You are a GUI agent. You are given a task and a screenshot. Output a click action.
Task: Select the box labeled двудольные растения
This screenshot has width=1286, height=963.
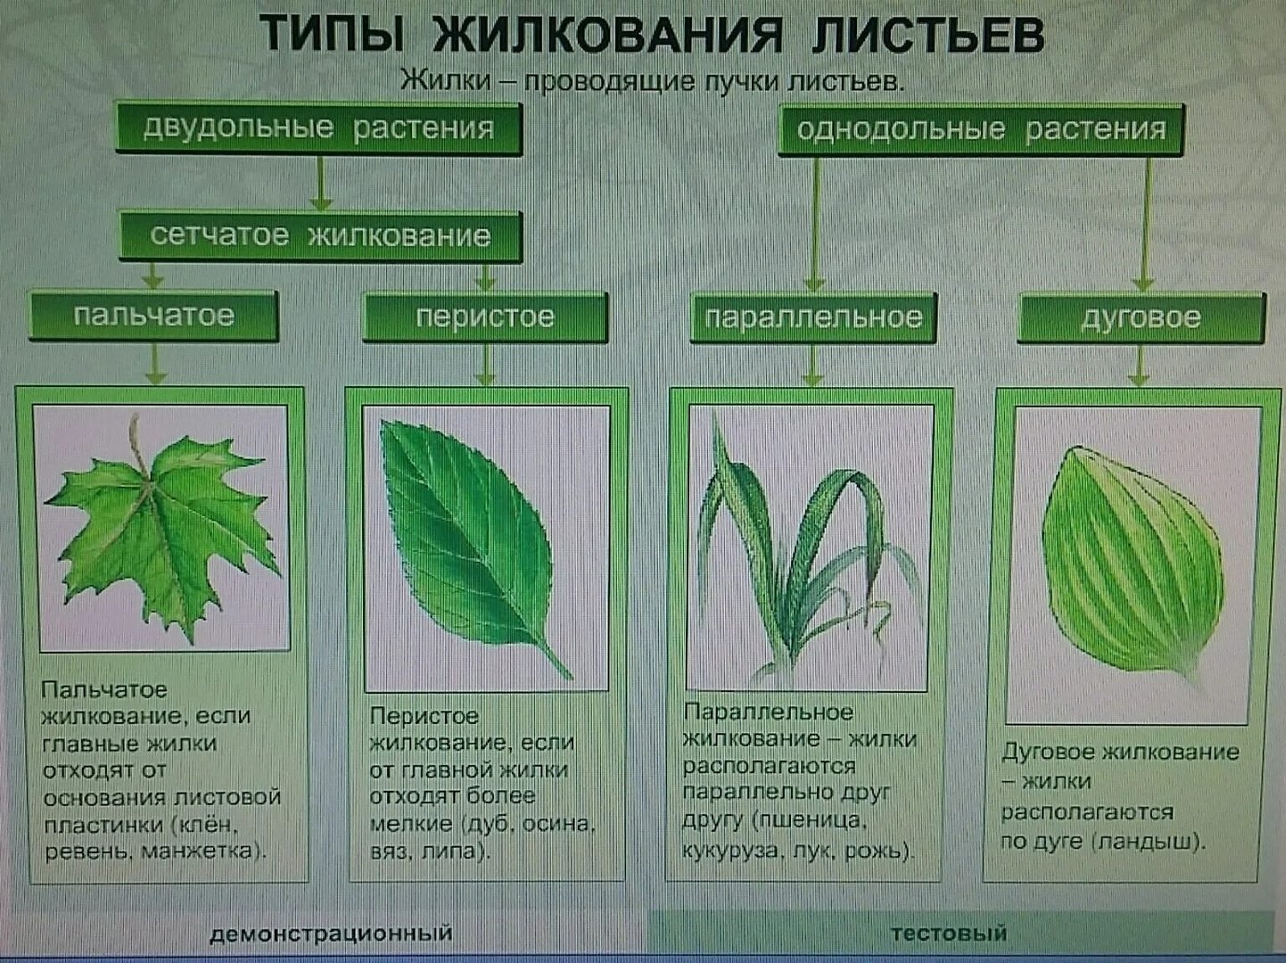tap(318, 128)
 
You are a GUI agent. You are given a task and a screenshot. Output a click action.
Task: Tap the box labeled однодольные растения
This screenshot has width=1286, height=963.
tap(981, 129)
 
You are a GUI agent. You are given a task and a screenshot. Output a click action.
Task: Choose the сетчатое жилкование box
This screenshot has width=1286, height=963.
tap(320, 236)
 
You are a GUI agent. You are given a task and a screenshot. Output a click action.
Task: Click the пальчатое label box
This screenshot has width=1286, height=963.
tap(153, 317)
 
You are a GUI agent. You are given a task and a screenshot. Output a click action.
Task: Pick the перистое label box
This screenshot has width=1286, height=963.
tap(485, 317)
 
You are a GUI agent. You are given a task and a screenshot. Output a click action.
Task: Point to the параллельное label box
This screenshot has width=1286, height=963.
tap(813, 317)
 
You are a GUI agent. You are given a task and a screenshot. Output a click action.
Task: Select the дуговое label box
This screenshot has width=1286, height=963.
tap(1142, 317)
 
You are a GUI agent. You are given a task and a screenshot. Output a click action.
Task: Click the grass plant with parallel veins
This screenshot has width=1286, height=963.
tap(809, 551)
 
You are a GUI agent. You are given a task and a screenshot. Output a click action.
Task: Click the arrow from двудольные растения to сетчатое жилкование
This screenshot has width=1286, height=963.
tap(320, 183)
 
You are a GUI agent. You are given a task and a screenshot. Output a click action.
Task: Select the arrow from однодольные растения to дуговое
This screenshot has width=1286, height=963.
tap(1144, 224)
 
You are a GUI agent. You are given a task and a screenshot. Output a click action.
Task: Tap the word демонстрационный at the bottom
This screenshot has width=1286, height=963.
tap(331, 933)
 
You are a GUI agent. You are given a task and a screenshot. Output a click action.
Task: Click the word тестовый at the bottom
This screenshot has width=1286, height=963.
tap(949, 933)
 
